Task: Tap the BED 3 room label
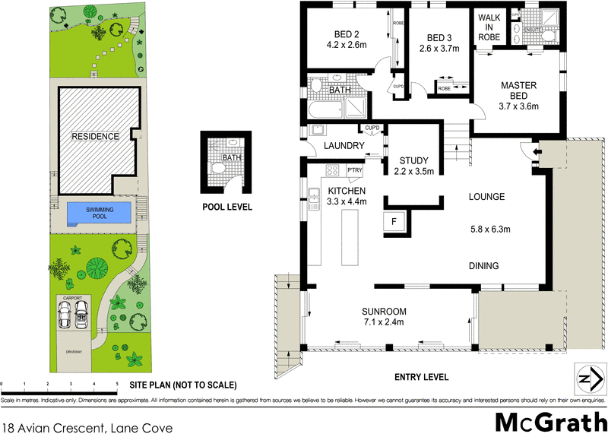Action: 440,39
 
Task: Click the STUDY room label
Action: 414,161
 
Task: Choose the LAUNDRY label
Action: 344,146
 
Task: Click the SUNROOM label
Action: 385,312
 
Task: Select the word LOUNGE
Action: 486,197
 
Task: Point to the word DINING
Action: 483,266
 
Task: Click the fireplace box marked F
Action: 394,222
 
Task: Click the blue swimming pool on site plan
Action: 98,213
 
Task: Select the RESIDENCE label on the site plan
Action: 95,137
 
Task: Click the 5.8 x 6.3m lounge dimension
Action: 489,229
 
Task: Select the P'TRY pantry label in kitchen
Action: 355,170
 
